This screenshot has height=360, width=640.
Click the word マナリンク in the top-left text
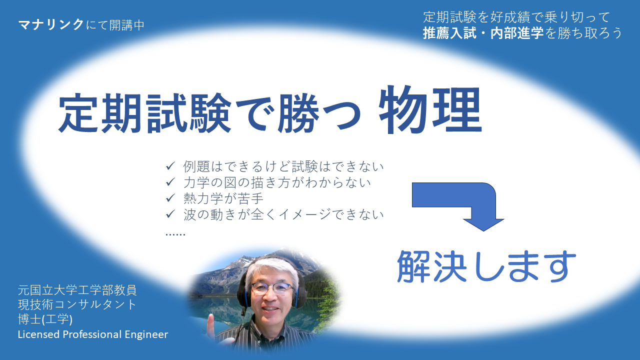[51, 25]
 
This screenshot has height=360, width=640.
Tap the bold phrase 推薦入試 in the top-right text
[449, 33]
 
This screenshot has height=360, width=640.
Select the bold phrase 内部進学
[517, 33]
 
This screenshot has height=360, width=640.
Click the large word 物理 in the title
[430, 109]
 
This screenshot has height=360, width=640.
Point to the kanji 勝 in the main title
[298, 113]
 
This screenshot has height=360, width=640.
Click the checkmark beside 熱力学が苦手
[170, 197]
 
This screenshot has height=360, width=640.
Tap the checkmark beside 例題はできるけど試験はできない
[170, 165]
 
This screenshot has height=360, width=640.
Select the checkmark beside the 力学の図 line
[170, 181]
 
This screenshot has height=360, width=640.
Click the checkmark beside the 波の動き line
[170, 213]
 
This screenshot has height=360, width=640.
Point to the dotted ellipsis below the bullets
[175, 234]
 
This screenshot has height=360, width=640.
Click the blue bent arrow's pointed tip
[483, 231]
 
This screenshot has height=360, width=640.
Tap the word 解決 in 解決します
[431, 266]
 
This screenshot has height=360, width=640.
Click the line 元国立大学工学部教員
[77, 290]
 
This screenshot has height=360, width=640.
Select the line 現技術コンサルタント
[77, 304]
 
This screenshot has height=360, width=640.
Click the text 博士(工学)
[45, 319]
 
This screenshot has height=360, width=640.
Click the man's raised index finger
[210, 322]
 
